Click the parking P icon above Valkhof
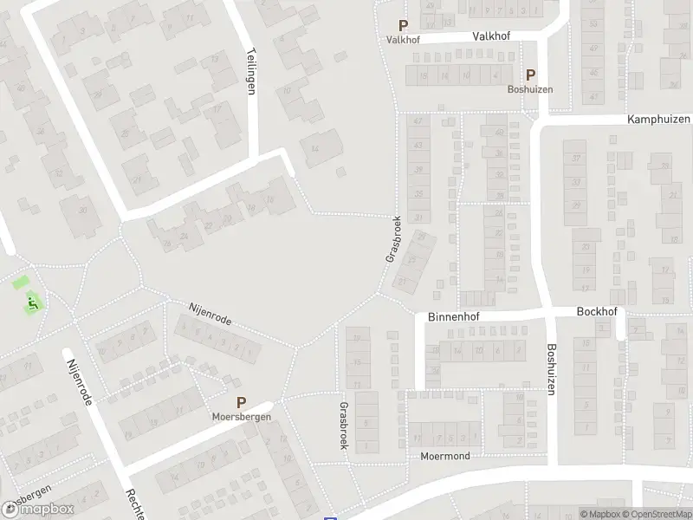(402, 26)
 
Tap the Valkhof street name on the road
(491, 36)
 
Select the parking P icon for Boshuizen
(530, 75)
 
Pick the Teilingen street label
(252, 70)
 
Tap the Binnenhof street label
(452, 317)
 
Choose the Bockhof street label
(594, 310)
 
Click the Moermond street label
(444, 456)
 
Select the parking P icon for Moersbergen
(241, 402)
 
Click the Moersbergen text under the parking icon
(242, 417)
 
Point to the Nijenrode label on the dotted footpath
(210, 314)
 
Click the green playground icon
(32, 302)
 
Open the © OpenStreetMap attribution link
(661, 514)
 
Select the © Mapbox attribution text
(601, 514)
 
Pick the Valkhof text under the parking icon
(402, 40)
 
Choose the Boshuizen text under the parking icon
(530, 89)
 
